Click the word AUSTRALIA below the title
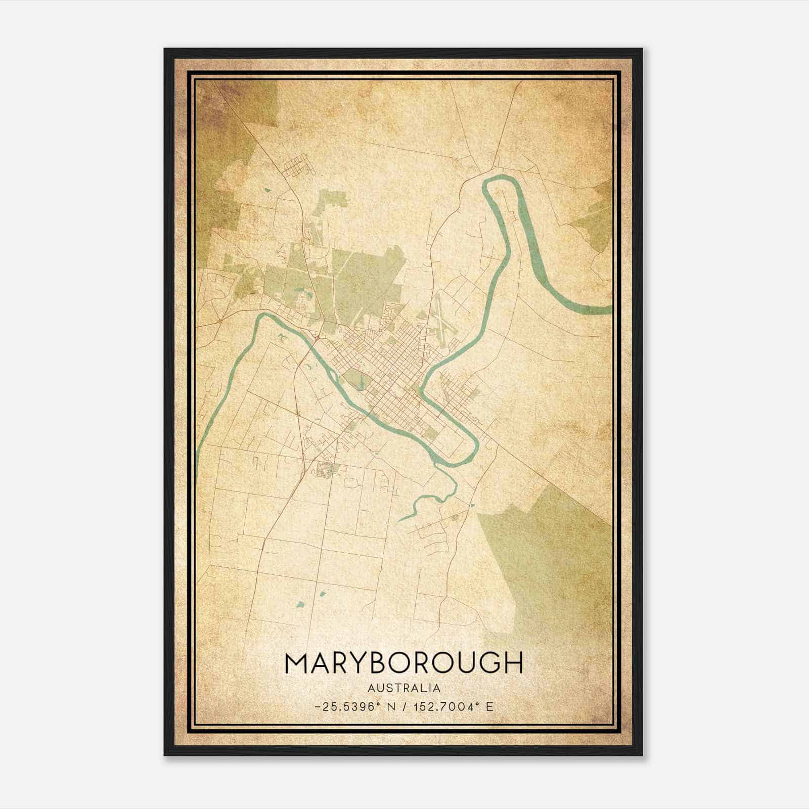coord(404,688)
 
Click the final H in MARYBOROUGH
coord(511,663)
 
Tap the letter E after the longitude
coord(489,706)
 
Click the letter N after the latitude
coord(389,706)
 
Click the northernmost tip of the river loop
coord(501,177)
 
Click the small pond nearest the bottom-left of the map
coord(300,604)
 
